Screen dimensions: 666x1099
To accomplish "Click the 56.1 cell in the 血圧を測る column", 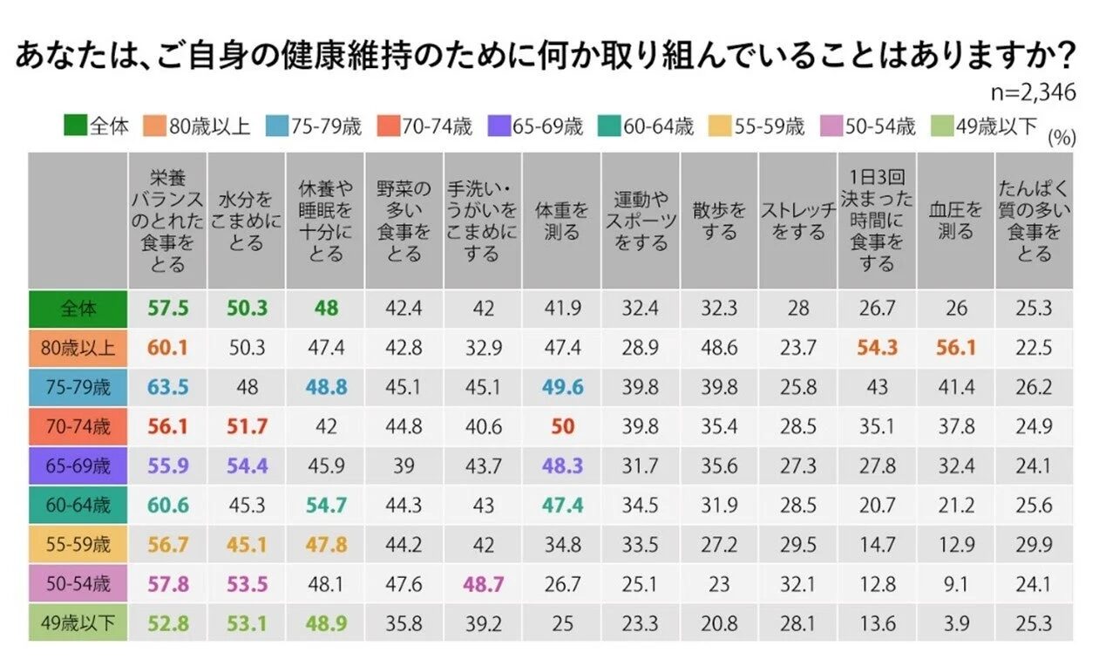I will (x=955, y=348).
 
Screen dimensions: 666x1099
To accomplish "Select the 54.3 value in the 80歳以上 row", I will (x=876, y=348).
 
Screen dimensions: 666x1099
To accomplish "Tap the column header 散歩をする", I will (x=719, y=221).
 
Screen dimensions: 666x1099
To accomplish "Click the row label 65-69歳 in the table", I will (x=78, y=465).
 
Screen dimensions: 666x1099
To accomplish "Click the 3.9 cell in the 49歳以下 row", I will (x=955, y=622).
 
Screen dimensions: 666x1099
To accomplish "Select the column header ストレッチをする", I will (x=797, y=221).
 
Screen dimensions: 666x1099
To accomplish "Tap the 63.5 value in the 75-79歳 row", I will (x=167, y=387).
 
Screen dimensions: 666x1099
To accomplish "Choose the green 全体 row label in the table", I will (x=78, y=309).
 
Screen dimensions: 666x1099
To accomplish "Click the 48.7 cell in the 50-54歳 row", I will (x=483, y=583).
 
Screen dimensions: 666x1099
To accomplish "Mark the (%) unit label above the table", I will (x=1060, y=137).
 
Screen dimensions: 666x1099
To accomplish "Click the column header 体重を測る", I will (x=561, y=221).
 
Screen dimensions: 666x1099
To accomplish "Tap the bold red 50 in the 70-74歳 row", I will (x=561, y=426).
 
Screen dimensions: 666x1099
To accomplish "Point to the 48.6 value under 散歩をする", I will (x=719, y=348).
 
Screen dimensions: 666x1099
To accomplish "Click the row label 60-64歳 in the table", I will (x=78, y=505).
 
